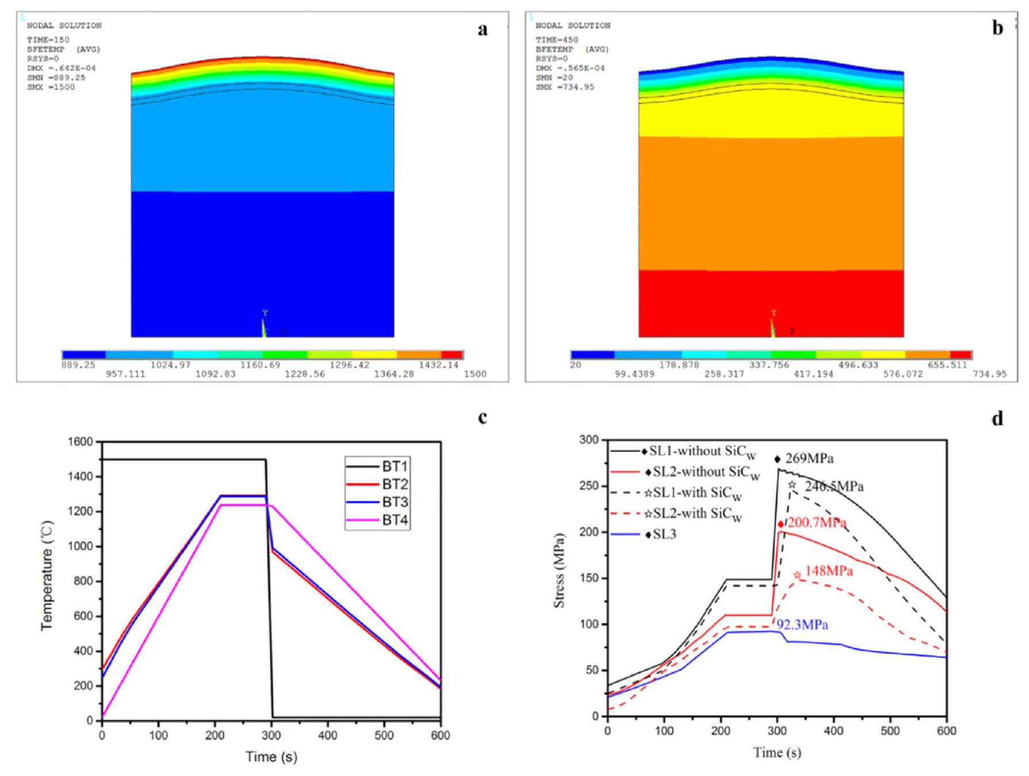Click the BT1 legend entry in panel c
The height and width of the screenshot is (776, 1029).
click(x=395, y=466)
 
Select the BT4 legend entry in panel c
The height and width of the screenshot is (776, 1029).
click(x=395, y=521)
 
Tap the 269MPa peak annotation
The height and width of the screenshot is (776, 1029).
click(x=809, y=459)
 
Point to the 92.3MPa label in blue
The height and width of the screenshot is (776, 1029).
click(x=802, y=625)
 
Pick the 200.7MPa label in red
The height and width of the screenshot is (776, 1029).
click(x=816, y=523)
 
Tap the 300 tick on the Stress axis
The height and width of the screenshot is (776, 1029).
click(x=591, y=440)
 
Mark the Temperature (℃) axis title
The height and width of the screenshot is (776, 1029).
click(x=47, y=575)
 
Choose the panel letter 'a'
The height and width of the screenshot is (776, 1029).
click(x=483, y=29)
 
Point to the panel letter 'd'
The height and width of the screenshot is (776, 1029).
click(x=997, y=418)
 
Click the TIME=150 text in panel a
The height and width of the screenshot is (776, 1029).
click(x=48, y=40)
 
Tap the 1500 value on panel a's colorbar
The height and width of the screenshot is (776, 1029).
click(x=475, y=374)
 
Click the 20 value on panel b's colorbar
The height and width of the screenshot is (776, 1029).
click(x=576, y=365)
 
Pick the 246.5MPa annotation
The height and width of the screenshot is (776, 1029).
click(x=834, y=486)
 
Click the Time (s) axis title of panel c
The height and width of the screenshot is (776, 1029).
click(x=271, y=756)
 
